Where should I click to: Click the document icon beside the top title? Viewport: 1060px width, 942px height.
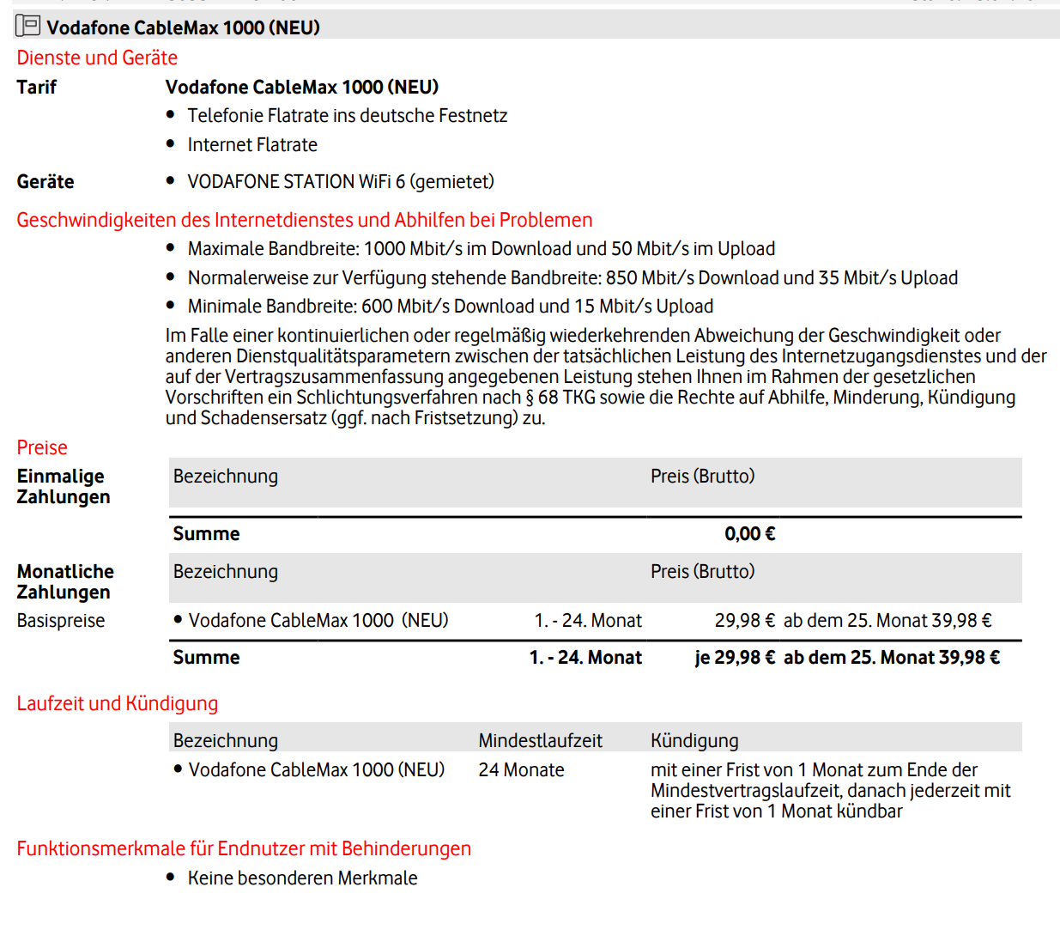[x=27, y=26]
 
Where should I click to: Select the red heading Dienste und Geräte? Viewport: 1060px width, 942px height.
[x=97, y=58]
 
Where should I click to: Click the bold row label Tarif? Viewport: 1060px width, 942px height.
[x=36, y=87]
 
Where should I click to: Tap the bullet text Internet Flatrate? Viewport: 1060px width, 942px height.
[x=252, y=144]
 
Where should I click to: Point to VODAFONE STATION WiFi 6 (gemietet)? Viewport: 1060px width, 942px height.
[x=341, y=181]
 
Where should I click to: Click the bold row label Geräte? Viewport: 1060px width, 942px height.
[x=45, y=181]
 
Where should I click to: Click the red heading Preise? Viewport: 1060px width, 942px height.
[x=42, y=447]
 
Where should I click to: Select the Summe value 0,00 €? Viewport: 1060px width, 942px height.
[x=749, y=534]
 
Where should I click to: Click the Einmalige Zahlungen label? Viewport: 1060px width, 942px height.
[x=63, y=486]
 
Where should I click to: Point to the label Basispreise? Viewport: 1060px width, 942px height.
[x=61, y=621]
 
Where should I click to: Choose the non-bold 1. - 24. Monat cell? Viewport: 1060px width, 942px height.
[x=588, y=621]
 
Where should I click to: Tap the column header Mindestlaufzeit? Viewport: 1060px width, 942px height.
[x=540, y=740]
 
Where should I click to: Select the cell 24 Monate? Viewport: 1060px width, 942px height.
[x=521, y=770]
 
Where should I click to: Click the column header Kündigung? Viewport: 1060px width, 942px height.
[x=694, y=740]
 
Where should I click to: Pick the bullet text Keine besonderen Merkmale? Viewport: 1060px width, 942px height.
[x=302, y=878]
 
